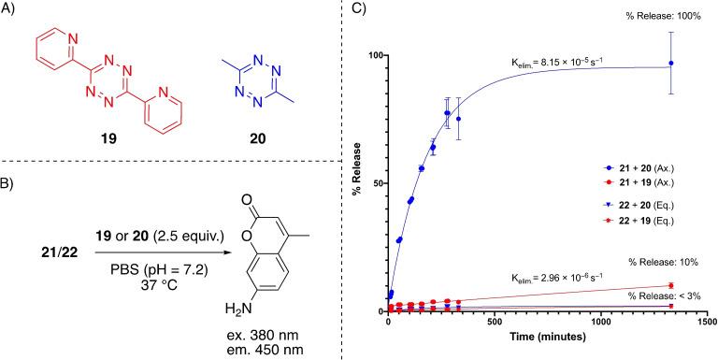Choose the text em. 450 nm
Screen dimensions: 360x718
tap(263, 349)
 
